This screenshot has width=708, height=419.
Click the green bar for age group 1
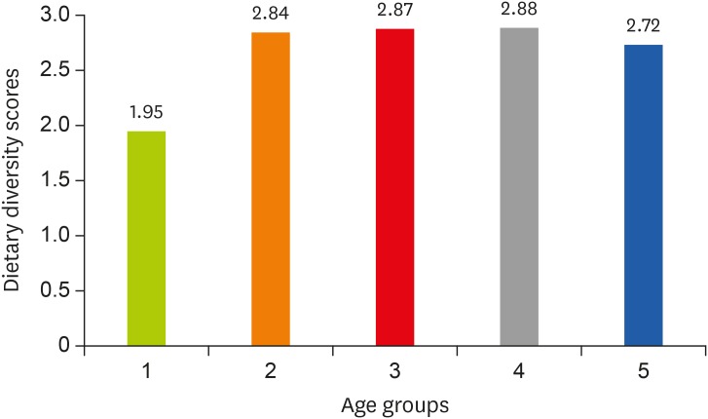coord(146,238)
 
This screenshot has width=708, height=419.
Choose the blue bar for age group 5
coord(643,195)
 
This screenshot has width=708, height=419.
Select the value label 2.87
coord(394,11)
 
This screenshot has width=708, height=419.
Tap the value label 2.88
coord(519,10)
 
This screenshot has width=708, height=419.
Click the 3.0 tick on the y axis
coord(56,15)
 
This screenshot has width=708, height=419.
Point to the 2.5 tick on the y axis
coord(56,70)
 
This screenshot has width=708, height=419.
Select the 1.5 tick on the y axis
coord(56,180)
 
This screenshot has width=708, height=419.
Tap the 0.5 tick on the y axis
coord(56,290)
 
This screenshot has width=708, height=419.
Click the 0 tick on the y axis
coord(64,345)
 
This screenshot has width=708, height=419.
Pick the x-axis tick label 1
coord(146,371)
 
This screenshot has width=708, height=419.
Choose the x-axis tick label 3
coord(394,371)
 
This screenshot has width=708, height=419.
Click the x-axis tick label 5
coord(643,371)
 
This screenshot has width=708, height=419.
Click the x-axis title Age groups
coord(394,402)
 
